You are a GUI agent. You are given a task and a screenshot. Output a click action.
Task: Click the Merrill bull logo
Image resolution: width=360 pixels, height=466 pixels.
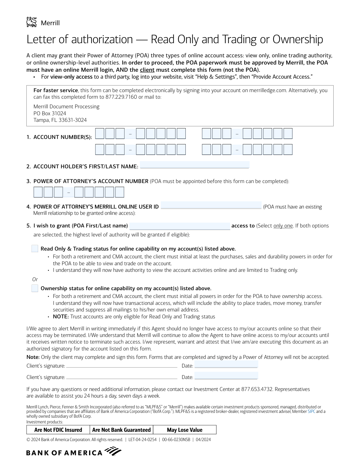31,22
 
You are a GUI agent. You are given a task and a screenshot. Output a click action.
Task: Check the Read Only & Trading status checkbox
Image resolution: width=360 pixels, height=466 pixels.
35,249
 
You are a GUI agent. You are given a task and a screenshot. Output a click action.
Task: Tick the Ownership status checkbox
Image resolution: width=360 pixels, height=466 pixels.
35,288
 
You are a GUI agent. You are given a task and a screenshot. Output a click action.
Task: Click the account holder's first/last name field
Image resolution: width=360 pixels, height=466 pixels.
194,165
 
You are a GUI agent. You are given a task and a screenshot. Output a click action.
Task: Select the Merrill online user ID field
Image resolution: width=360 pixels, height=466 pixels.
211,205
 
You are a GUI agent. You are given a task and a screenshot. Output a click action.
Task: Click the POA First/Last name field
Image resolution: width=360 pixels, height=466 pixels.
180,226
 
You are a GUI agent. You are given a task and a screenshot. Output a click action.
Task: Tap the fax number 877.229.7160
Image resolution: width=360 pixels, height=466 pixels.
121,97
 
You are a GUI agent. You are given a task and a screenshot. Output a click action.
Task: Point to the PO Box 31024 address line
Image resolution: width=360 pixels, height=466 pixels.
50,113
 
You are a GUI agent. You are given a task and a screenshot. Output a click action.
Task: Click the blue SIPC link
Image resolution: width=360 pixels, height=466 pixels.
311,412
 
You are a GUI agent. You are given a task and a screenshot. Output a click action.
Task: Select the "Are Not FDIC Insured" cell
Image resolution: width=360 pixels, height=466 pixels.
58,430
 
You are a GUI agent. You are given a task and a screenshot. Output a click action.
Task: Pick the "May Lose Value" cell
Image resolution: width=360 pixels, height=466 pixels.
184,430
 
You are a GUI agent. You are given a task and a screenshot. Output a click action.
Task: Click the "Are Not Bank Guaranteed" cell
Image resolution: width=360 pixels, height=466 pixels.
121,430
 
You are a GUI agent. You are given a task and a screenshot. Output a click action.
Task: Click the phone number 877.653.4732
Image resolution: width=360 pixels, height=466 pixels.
257,389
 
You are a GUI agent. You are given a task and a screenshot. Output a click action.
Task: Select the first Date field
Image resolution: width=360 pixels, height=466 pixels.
226,365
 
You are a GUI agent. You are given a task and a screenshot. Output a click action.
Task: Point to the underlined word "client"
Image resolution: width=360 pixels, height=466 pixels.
147,70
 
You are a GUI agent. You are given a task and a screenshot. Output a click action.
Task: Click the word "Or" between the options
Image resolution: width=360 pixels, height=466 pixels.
35,279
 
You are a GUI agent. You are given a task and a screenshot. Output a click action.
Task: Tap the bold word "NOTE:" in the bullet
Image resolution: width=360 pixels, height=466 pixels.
61,317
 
